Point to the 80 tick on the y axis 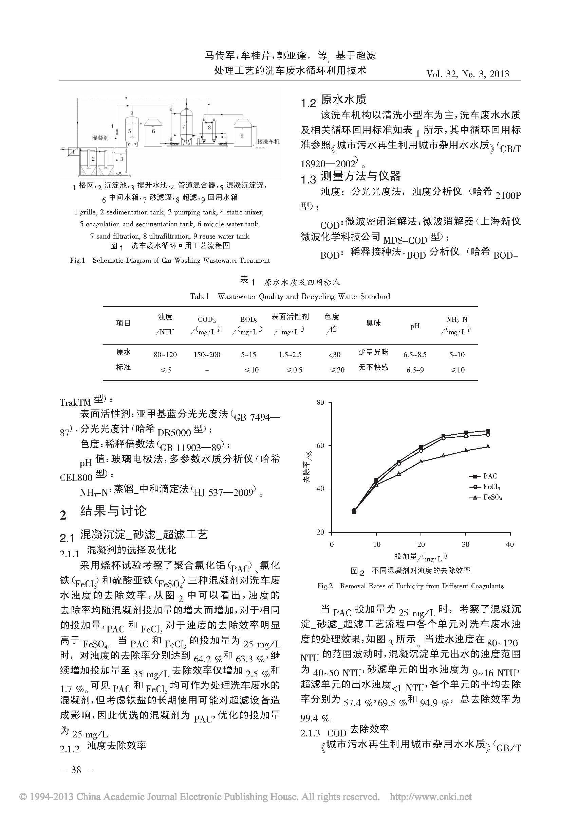(x=320, y=402)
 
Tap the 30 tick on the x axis (x=465, y=544)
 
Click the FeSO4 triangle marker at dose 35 (x=488, y=446)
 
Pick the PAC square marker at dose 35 (x=488, y=431)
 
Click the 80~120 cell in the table (x=165, y=354)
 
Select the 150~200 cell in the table (x=207, y=354)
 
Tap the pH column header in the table (x=415, y=326)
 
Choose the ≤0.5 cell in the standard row (x=294, y=370)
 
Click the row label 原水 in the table (x=123, y=352)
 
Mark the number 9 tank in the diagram (x=242, y=136)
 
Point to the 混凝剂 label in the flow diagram (x=100, y=138)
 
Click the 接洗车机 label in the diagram (x=268, y=142)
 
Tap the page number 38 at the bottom (x=76, y=770)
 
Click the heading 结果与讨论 (x=113, y=511)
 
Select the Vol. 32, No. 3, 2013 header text (x=468, y=74)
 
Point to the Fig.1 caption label (x=77, y=260)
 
